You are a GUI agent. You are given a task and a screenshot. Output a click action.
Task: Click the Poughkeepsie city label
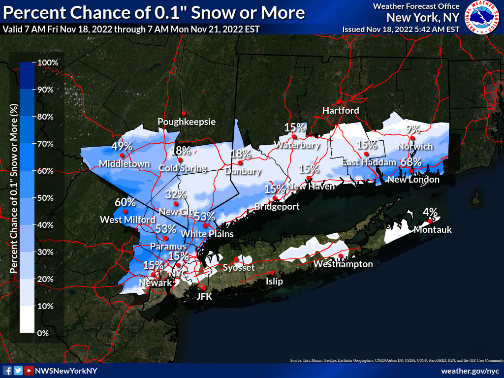(187, 122)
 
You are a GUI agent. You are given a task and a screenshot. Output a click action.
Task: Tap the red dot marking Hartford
(339, 100)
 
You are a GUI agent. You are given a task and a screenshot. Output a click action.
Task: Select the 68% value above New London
(410, 161)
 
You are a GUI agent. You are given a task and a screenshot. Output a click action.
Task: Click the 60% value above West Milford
(125, 202)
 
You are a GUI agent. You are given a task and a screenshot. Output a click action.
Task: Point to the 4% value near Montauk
(430, 212)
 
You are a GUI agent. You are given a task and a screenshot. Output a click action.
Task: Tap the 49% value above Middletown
(122, 146)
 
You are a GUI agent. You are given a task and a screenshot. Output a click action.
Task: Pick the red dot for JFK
(203, 287)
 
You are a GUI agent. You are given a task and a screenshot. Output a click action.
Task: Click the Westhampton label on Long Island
(343, 264)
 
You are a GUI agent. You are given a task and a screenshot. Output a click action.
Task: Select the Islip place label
(274, 282)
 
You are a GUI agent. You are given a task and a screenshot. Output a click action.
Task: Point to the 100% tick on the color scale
(48, 63)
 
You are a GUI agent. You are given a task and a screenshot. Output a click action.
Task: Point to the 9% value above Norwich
(413, 129)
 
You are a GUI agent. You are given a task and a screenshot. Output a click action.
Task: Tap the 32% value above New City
(176, 194)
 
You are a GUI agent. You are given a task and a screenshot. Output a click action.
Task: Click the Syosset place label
(239, 267)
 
